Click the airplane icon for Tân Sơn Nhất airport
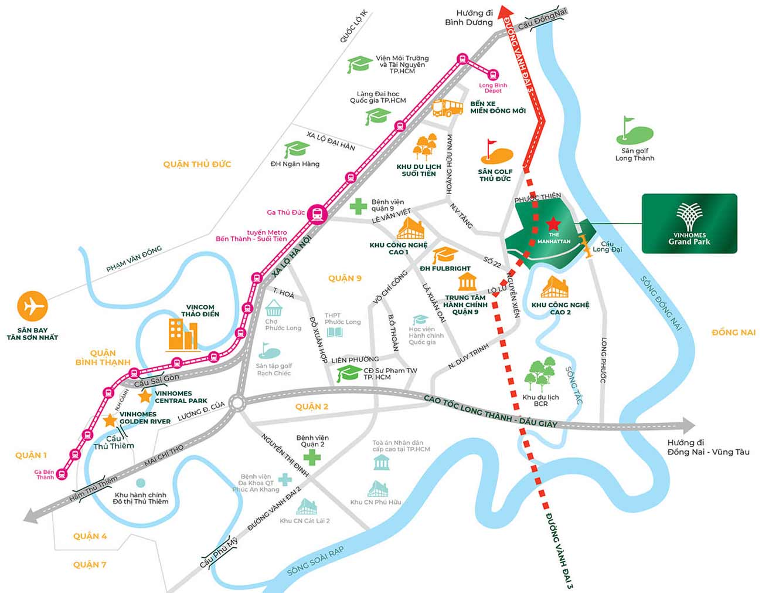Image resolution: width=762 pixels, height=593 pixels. [32, 306]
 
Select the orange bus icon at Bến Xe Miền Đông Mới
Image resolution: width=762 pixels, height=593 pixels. [448, 108]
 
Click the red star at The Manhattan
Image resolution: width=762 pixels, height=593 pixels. [553, 223]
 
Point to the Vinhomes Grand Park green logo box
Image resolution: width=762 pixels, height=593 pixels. [689, 223]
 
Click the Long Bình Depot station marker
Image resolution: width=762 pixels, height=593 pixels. [492, 75]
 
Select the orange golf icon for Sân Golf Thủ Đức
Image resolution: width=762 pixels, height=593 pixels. [496, 154]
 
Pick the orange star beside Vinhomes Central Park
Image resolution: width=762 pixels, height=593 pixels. [145, 397]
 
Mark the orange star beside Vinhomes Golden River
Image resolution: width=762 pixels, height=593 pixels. [110, 421]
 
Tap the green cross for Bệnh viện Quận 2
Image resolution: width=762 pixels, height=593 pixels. [312, 457]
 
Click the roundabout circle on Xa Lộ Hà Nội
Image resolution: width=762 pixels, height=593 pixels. [237, 403]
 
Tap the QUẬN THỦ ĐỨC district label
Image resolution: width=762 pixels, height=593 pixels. [197, 164]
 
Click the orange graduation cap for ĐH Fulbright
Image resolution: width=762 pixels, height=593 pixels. [445, 256]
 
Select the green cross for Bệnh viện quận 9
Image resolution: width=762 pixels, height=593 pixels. [358, 206]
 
